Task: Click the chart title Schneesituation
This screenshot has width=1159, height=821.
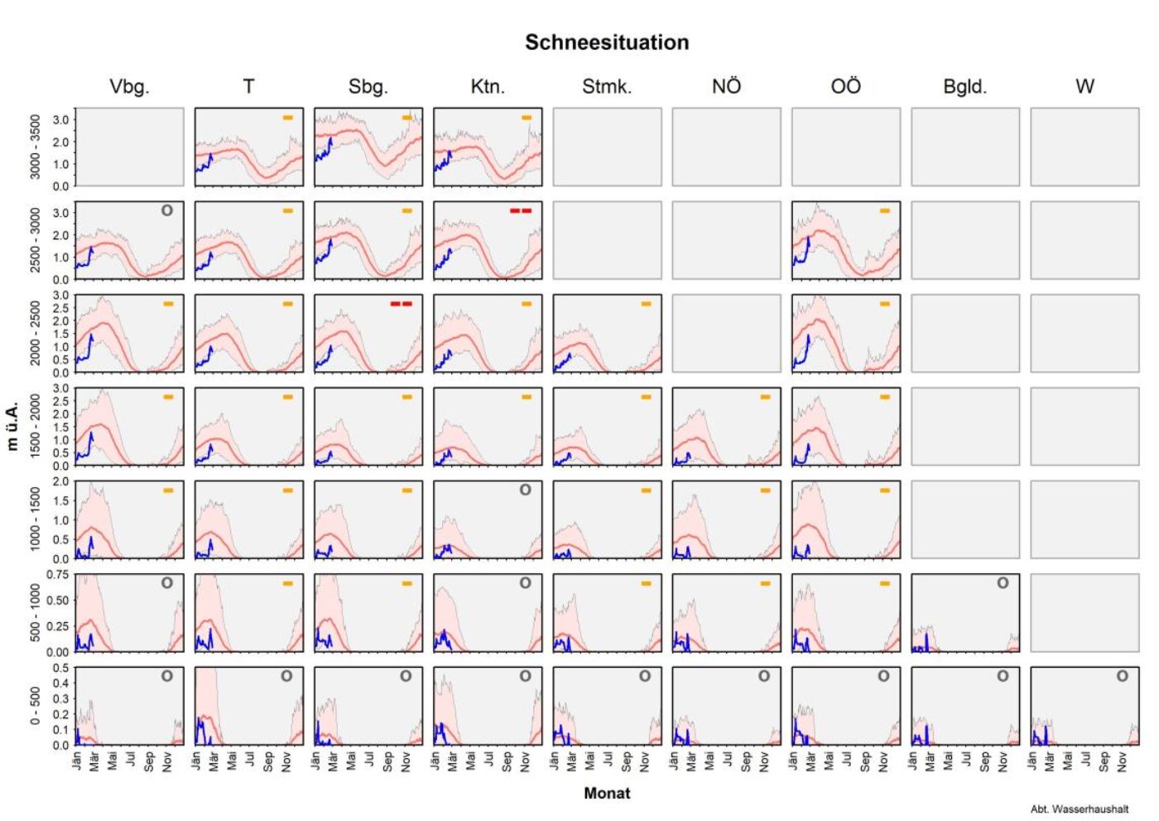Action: pos(607,43)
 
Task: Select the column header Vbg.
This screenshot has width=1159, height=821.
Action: pos(129,87)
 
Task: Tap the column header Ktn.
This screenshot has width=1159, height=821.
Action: pos(488,87)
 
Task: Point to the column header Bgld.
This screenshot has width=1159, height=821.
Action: pos(964,87)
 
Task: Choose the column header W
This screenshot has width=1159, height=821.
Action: pos(1084,87)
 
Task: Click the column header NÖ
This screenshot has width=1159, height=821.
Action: pos(726,87)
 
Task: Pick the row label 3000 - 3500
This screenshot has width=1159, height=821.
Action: pos(35,147)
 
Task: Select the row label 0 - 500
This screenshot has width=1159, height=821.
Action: pos(35,706)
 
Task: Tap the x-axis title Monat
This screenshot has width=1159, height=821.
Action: pos(607,794)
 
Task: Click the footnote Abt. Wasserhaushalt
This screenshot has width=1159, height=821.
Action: pos(1079,809)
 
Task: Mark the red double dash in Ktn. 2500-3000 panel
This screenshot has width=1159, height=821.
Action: pos(521,211)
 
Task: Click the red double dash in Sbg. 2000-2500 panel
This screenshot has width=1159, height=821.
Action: pos(402,304)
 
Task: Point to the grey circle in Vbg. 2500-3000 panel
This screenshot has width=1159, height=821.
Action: pos(167,210)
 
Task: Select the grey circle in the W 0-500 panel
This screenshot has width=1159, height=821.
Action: pos(1122,676)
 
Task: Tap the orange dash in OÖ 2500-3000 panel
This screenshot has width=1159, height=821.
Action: pos(885,211)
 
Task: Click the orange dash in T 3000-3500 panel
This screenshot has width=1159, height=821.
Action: pos(288,118)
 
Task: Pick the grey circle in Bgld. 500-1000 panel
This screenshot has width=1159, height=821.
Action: pos(1003,583)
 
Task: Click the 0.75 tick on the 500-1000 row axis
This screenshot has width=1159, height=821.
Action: pos(58,575)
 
